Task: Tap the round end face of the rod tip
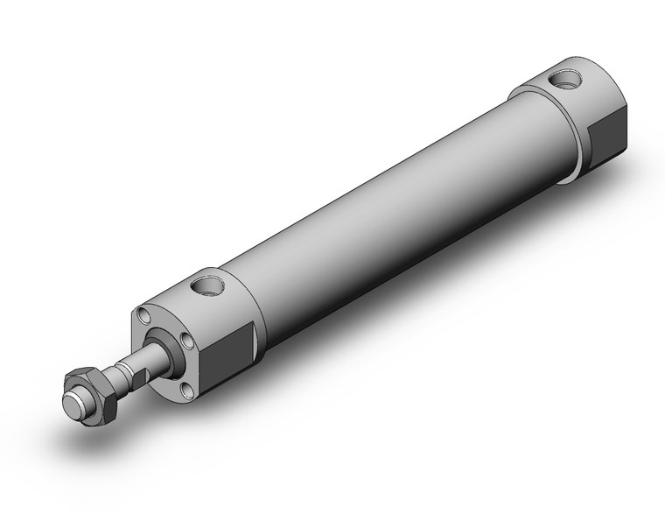point(73,405)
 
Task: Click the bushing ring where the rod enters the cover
point(168,352)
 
